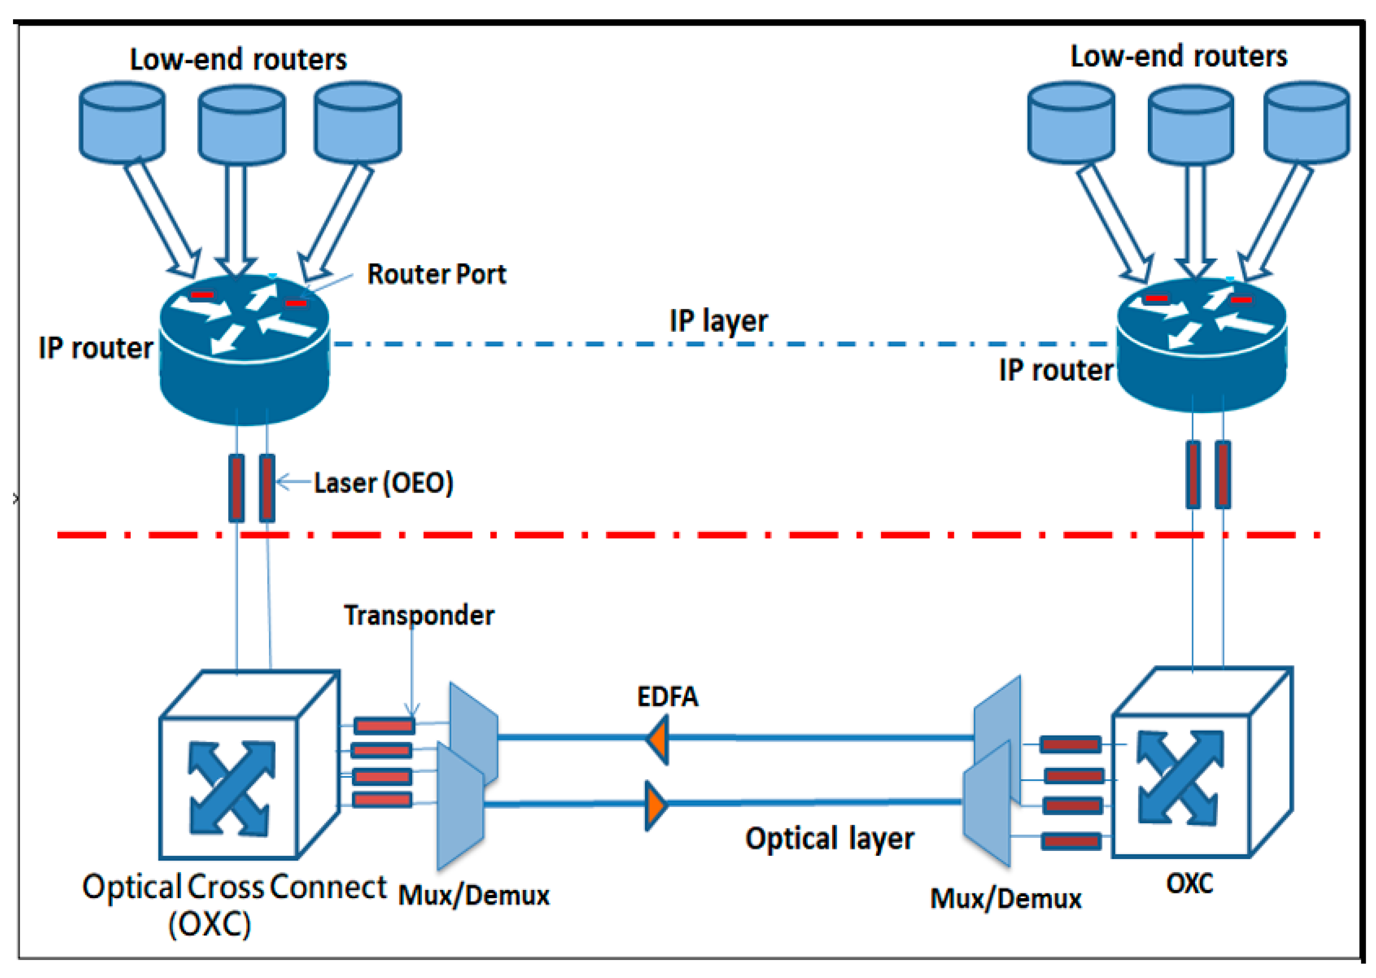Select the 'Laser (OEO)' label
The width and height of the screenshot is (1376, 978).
[383, 483]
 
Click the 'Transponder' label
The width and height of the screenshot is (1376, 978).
[419, 616]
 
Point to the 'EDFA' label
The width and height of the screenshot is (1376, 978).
[667, 697]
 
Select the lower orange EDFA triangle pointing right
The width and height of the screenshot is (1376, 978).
[655, 805]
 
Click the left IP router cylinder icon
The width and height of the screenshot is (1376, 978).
[244, 349]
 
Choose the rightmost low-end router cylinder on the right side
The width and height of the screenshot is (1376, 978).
[1306, 122]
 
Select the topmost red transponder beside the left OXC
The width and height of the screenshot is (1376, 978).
[384, 725]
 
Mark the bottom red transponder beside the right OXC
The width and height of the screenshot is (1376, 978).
[1071, 841]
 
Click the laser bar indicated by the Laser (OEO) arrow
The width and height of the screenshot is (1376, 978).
[267, 488]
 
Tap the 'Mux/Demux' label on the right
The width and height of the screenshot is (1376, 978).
[1005, 899]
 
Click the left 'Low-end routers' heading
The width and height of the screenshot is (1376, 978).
[238, 60]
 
